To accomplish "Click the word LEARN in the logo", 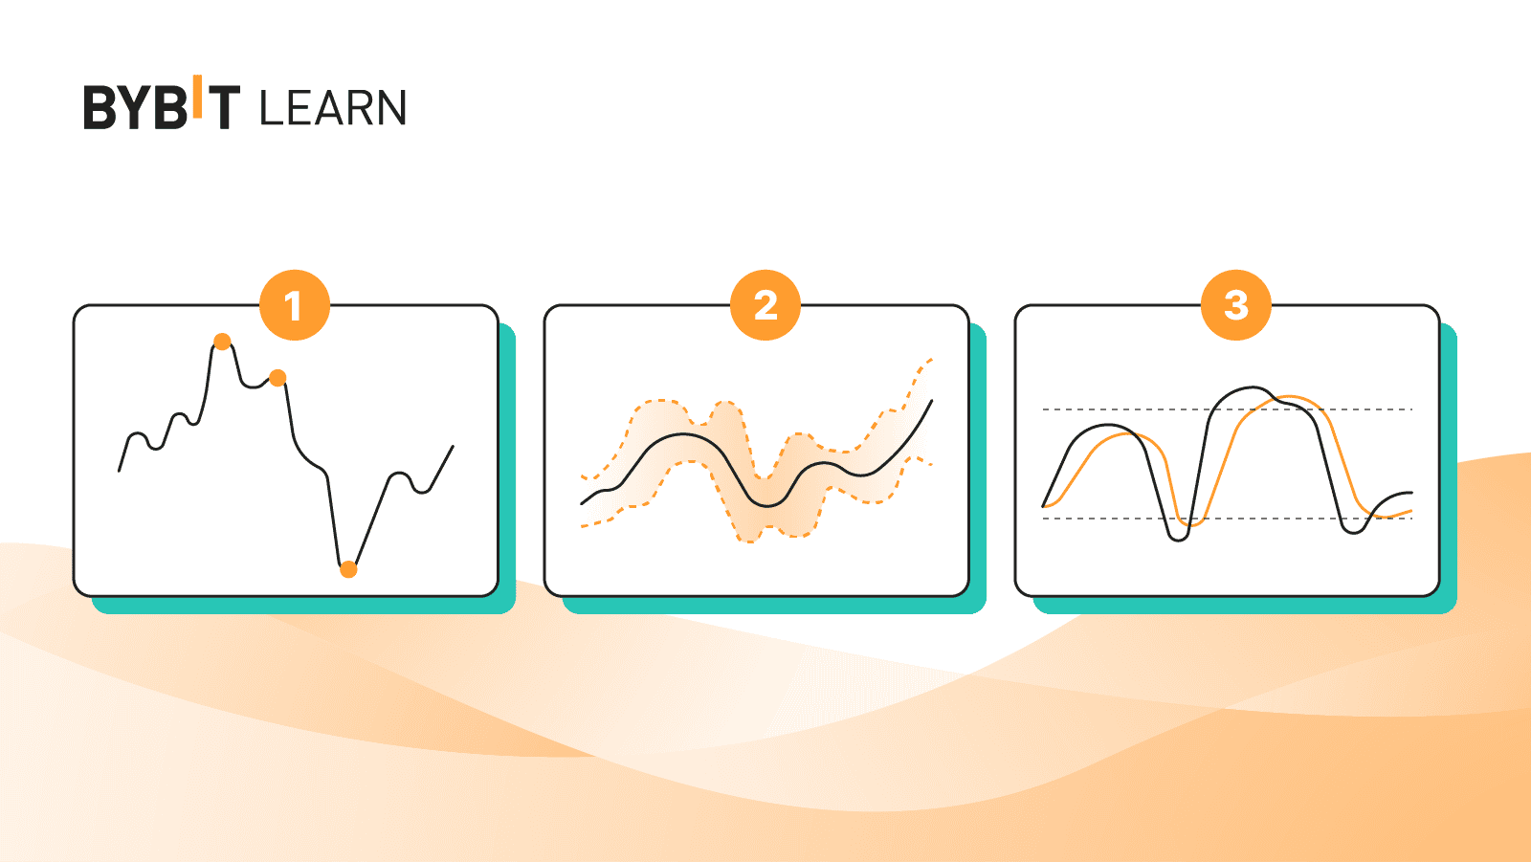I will (x=333, y=108).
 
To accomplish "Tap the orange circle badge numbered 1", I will (x=294, y=306).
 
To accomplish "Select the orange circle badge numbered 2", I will (x=765, y=306).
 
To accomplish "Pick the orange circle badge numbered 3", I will (x=1236, y=306).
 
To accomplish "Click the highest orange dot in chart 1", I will (x=222, y=342).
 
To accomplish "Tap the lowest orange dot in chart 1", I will (x=348, y=569).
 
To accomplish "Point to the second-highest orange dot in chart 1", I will (x=277, y=378).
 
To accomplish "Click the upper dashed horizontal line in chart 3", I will (x=1129, y=409).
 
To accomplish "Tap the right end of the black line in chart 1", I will (x=453, y=447).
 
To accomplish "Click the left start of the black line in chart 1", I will (x=120, y=470).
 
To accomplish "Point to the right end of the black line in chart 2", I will (x=931, y=402).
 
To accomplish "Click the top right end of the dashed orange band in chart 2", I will (x=931, y=360).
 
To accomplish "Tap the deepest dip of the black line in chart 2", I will (x=767, y=504).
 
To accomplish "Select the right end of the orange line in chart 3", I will (x=1411, y=512).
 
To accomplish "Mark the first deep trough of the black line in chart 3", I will (x=1179, y=540).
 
